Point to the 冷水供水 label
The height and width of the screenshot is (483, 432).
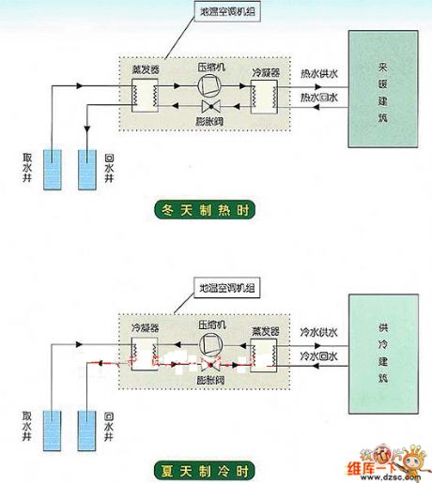[318, 332]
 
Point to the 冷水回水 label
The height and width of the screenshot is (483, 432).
[318, 357]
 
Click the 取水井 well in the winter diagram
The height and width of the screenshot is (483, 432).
[54, 162]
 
